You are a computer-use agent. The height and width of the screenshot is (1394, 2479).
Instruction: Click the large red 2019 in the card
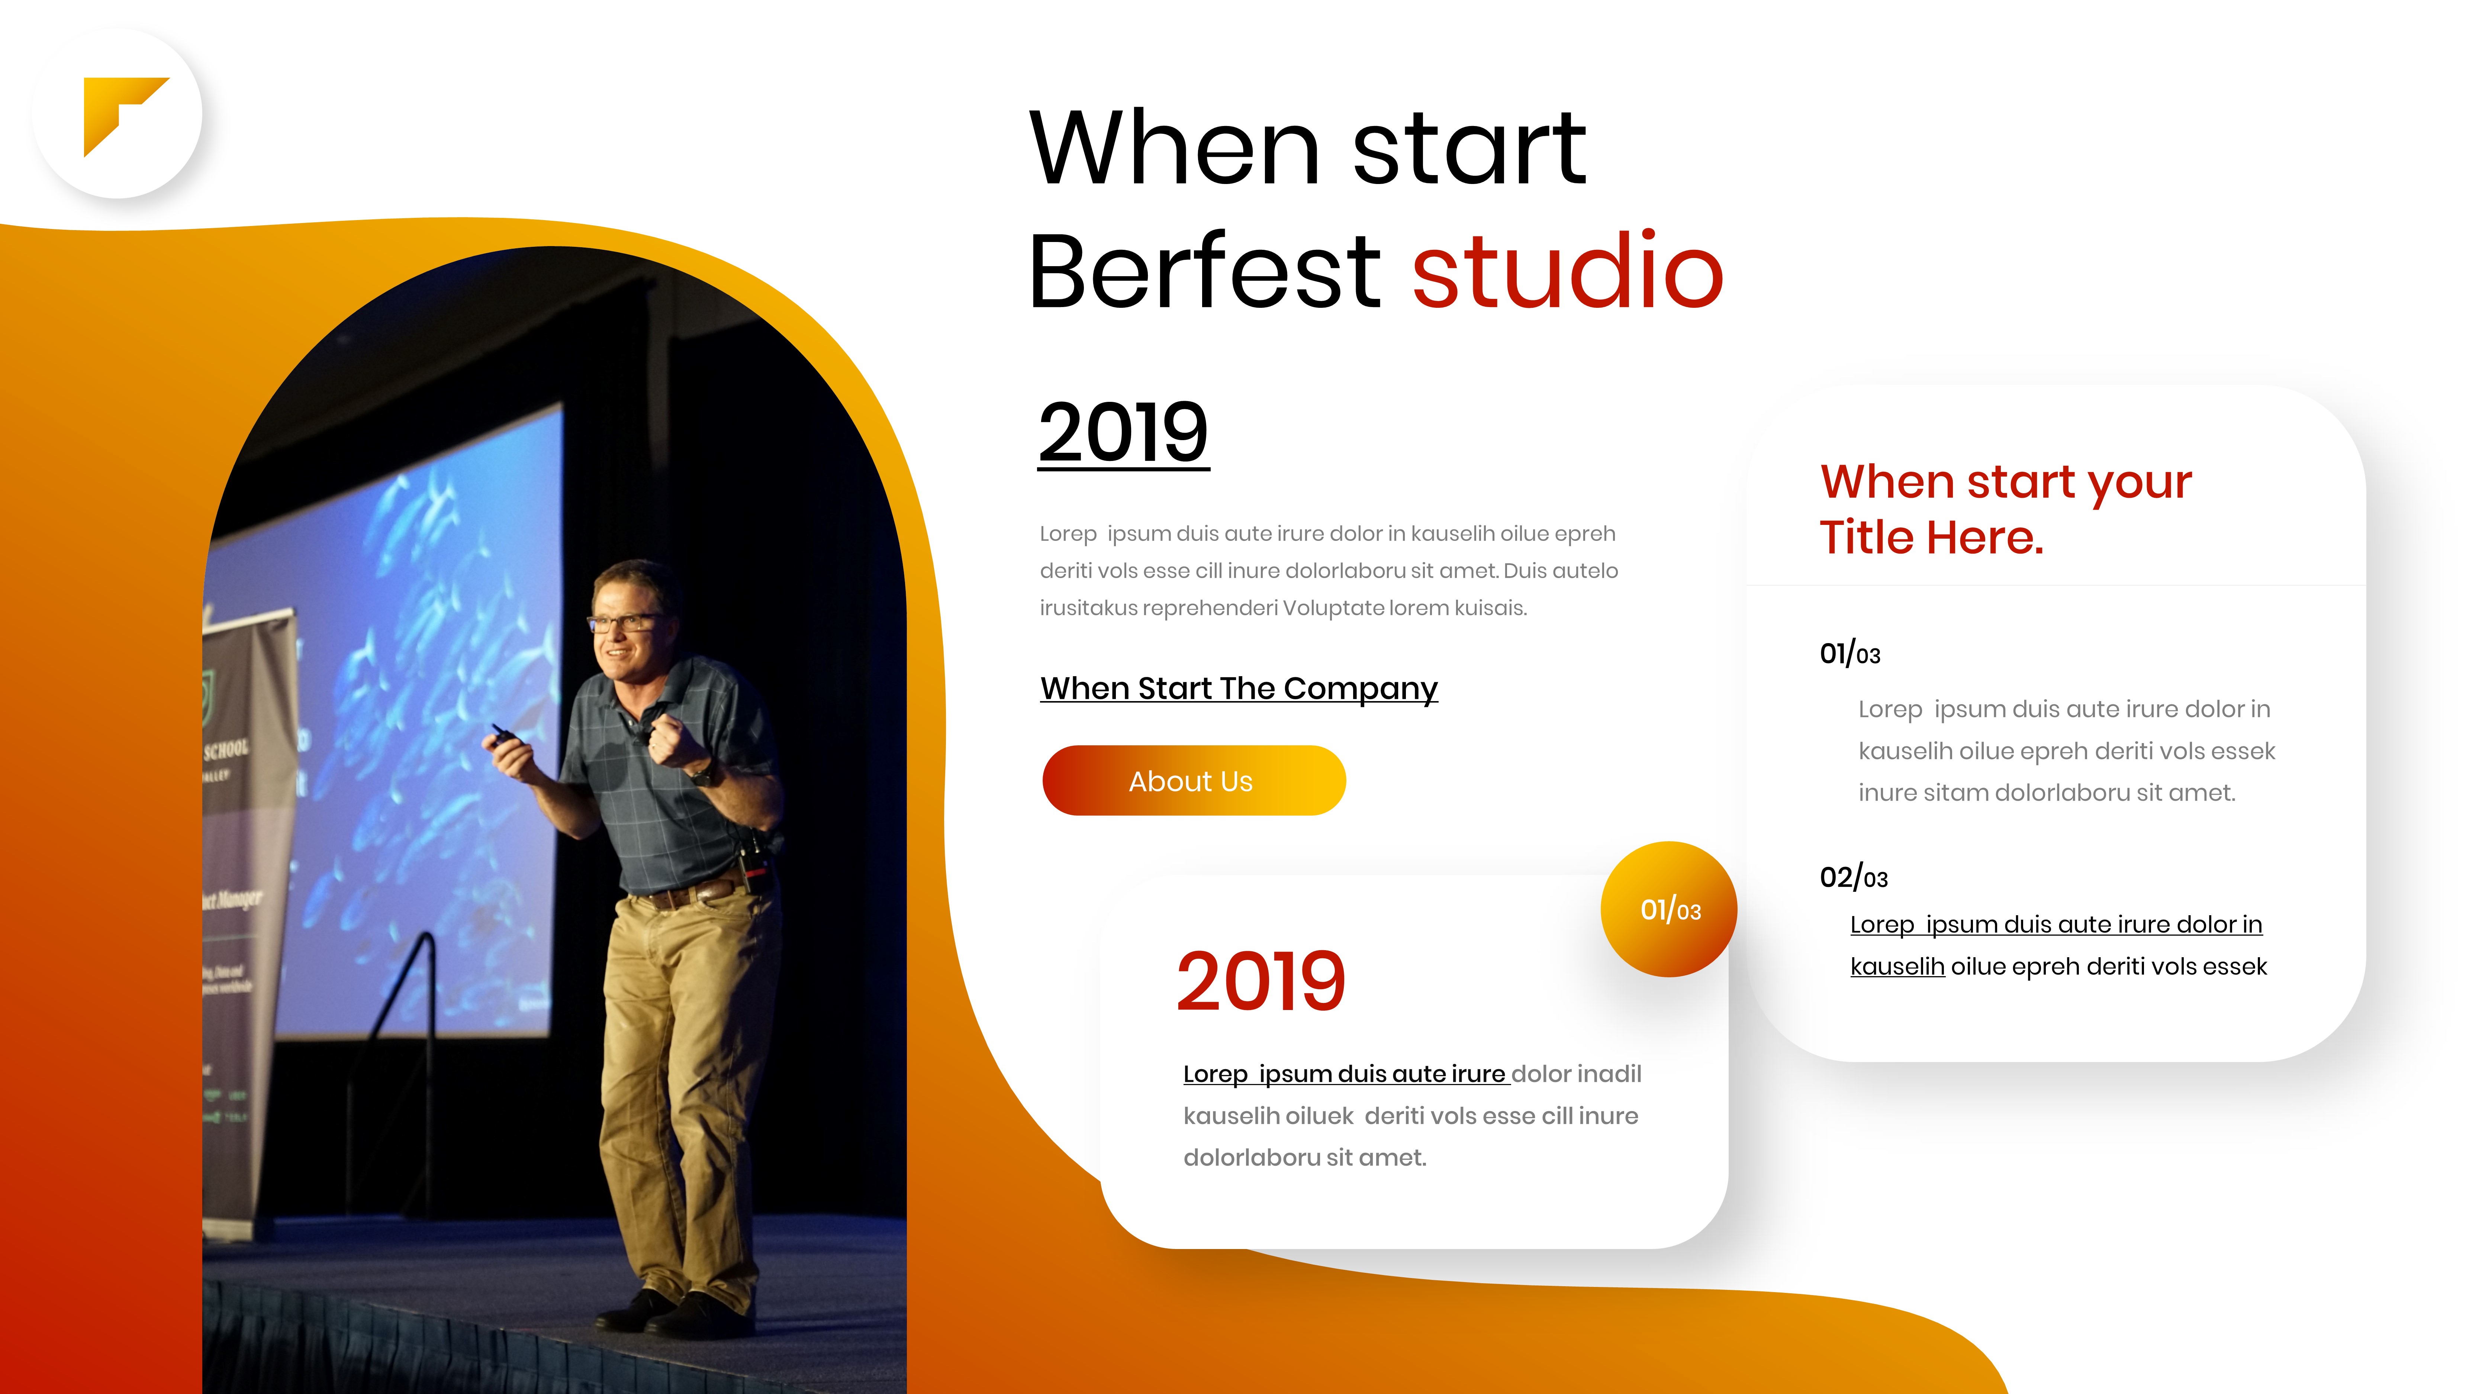1261,981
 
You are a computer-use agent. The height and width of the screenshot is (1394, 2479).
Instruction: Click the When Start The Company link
1239,689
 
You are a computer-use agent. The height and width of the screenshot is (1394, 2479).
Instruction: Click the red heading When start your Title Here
2006,509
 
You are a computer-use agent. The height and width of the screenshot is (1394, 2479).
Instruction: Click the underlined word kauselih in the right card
1897,967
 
